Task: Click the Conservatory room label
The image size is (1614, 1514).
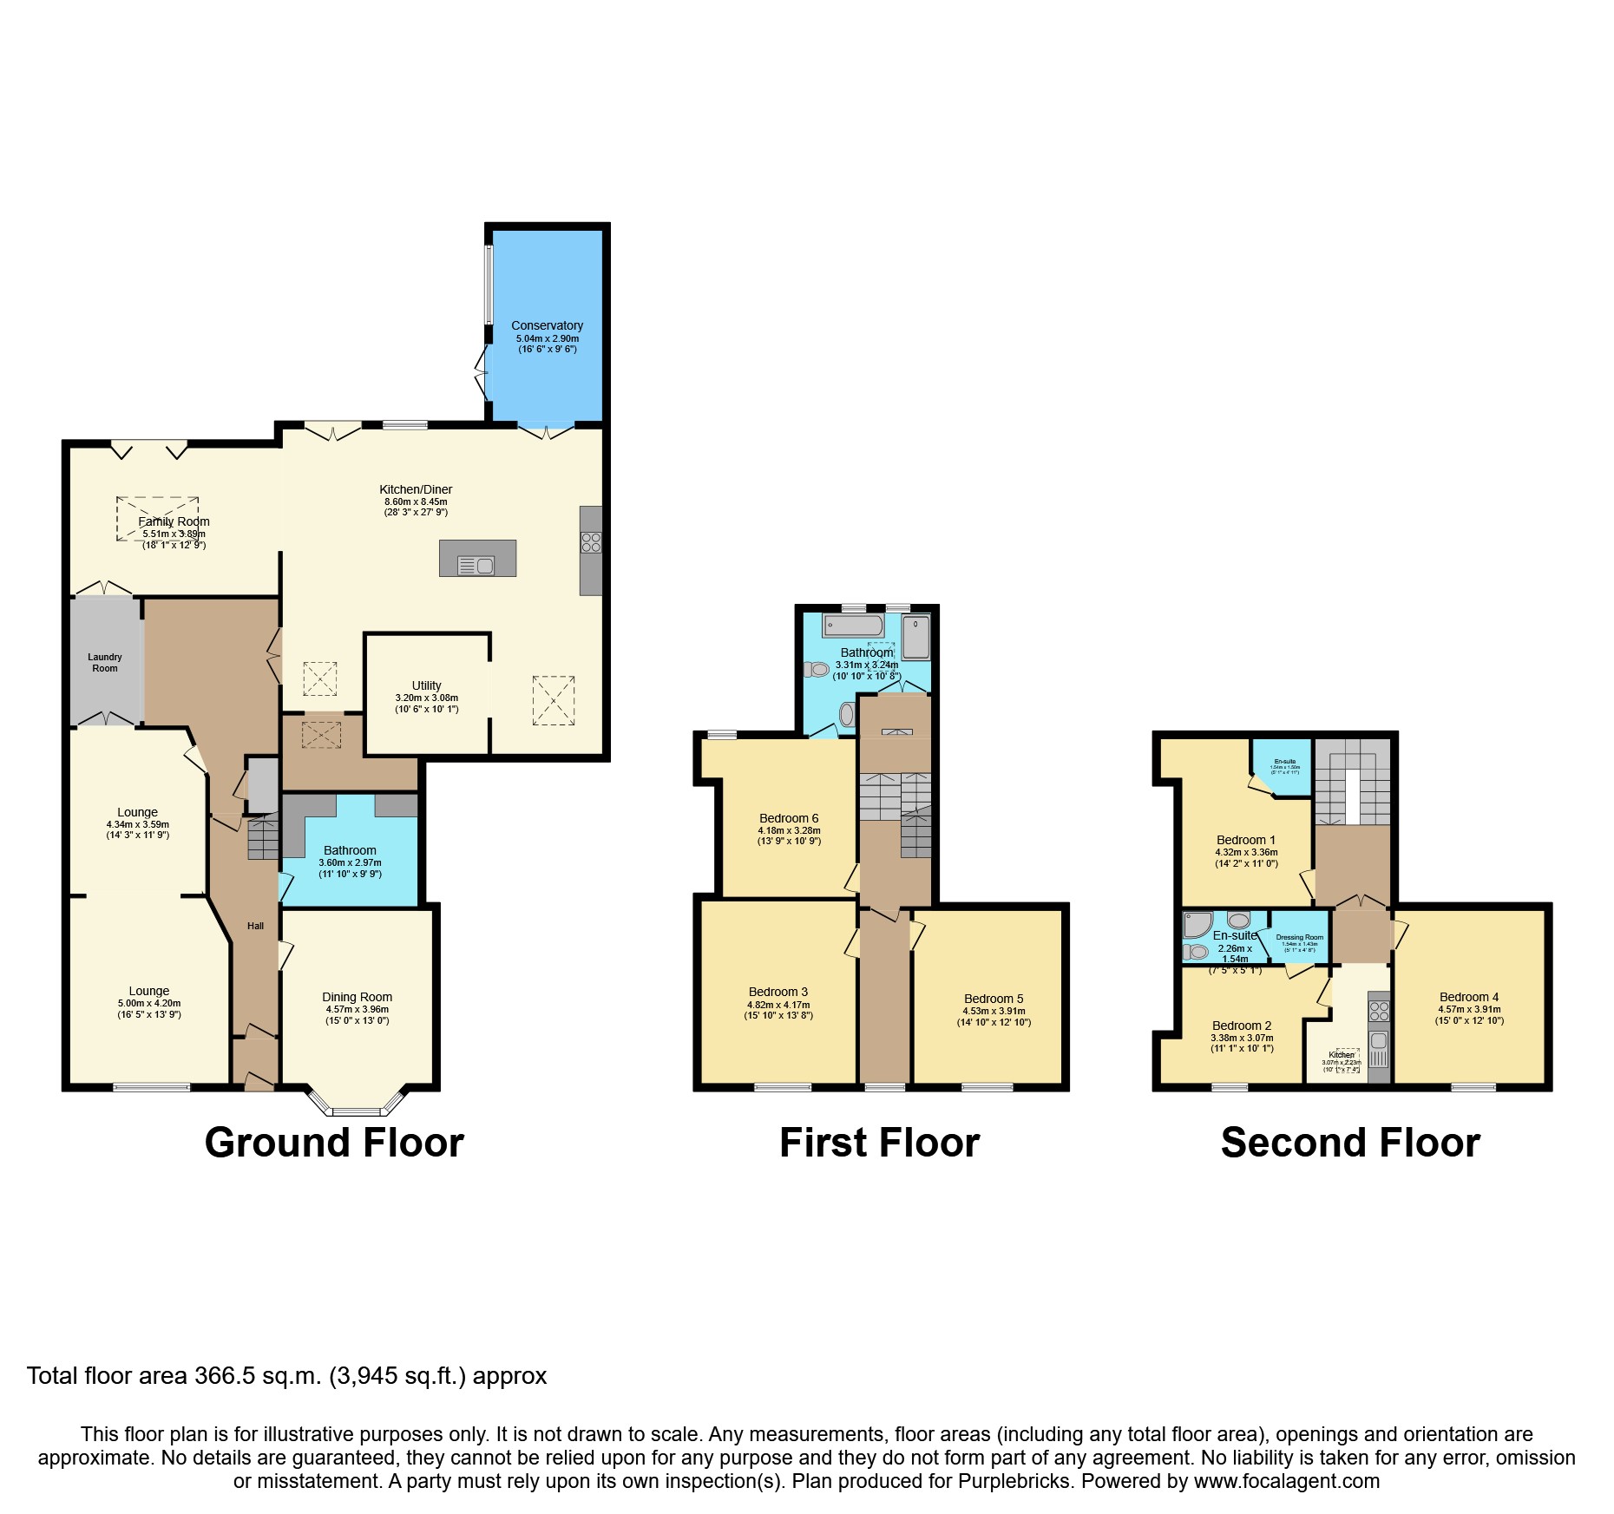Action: click(547, 325)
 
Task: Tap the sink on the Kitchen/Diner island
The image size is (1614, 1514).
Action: click(476, 566)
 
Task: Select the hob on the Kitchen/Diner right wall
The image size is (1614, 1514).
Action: click(591, 543)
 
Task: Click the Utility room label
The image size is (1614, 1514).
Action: click(426, 685)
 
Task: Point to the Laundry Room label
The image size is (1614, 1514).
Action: click(105, 663)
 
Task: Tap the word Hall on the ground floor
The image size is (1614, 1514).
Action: click(255, 926)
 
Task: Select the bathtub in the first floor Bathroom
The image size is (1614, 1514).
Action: click(853, 626)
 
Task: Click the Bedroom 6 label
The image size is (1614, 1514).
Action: click(789, 818)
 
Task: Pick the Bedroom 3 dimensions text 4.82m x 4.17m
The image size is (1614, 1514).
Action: click(778, 1005)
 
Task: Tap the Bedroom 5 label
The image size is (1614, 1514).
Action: click(994, 999)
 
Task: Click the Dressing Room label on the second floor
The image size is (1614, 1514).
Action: click(1300, 937)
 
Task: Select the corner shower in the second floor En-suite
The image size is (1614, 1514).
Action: click(1197, 925)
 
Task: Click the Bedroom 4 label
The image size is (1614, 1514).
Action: click(1469, 997)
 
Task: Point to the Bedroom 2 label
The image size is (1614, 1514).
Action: click(1242, 1026)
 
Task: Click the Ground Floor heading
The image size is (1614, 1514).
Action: click(334, 1143)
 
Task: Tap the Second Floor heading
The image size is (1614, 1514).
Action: click(1350, 1143)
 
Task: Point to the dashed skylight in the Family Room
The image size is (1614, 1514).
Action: click(157, 519)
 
